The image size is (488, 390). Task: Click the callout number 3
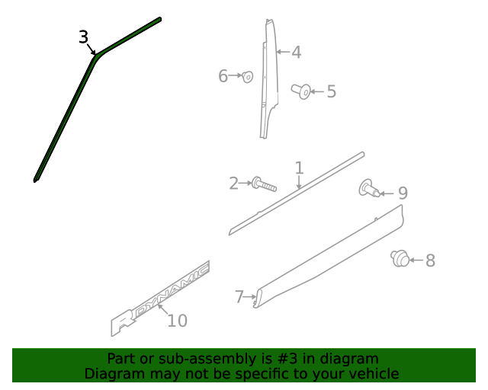click(83, 37)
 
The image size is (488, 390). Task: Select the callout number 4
click(297, 53)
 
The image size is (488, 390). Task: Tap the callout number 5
click(332, 91)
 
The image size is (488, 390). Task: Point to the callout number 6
click(223, 76)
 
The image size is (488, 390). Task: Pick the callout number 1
click(299, 168)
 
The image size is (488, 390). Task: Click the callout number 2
click(233, 184)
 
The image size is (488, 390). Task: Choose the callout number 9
click(403, 193)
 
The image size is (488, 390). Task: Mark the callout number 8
click(430, 261)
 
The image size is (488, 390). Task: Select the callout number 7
click(239, 297)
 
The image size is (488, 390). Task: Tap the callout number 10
click(178, 321)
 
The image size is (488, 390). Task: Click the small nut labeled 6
click(247, 76)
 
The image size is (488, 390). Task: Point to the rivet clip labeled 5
click(301, 91)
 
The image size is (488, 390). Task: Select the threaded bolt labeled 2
click(264, 184)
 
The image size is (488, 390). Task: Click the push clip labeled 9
click(369, 188)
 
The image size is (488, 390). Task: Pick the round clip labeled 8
click(400, 258)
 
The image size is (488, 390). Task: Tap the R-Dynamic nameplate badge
click(160, 299)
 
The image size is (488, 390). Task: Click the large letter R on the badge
click(124, 322)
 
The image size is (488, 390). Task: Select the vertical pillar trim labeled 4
click(268, 79)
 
